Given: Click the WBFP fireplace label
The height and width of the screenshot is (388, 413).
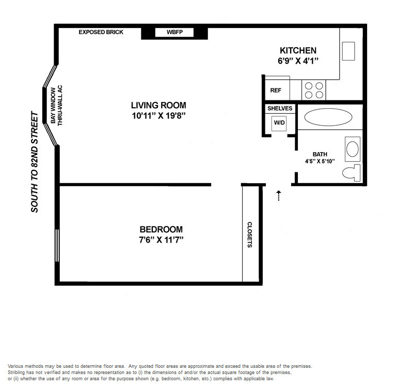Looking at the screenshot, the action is click(174, 32).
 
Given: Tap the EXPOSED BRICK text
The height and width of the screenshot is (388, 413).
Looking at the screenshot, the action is click(101, 32).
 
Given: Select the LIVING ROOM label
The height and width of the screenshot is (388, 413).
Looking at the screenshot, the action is click(158, 106).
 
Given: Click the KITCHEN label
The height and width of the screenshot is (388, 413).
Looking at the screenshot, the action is click(298, 50).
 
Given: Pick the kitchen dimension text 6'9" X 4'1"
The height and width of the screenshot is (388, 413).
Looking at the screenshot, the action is click(298, 61).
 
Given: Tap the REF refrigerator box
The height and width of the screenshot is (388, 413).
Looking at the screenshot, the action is click(277, 90).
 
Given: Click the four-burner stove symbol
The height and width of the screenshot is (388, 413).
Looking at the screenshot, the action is click(314, 90).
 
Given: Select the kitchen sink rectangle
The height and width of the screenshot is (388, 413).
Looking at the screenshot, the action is click(348, 51).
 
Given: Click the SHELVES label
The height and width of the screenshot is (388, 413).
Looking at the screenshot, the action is click(280, 109).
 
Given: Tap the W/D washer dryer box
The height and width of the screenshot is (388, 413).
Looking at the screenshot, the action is click(279, 123).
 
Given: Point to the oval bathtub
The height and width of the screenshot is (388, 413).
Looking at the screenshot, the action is click(328, 117).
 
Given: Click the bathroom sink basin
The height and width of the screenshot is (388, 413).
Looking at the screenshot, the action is click(353, 149).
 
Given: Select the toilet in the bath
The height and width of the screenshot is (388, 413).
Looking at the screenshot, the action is click(352, 173).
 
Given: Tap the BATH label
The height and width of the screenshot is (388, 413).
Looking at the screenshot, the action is click(320, 154).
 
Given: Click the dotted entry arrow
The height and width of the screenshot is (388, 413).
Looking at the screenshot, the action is click(279, 196).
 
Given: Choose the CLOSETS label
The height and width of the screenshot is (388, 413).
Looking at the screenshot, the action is click(249, 235).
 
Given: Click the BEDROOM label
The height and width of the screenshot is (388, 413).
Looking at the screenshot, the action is click(161, 229).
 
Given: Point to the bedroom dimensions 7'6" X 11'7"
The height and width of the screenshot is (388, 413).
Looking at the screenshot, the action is click(161, 240).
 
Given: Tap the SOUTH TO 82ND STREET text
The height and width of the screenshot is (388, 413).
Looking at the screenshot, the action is click(35, 162).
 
